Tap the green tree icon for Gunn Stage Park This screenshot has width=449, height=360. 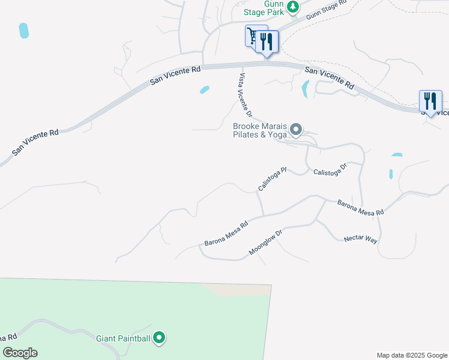coord(292,7)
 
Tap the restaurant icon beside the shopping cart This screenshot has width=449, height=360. coord(267,41)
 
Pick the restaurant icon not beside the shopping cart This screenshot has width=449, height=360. coord(430,100)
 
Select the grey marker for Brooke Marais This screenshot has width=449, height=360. coord(295,130)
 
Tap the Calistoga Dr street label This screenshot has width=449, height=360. coord(330,169)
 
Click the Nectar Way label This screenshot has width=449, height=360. coord(360,239)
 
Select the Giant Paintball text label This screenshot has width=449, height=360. coord(123,338)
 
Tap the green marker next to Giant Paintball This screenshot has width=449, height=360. coord(159,339)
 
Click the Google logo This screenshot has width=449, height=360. coord(20,353)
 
